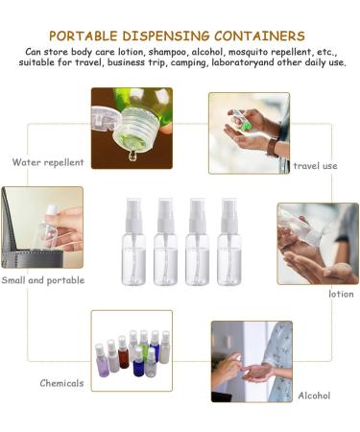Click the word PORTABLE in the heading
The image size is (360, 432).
(84, 36)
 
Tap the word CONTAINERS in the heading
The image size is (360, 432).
(259, 36)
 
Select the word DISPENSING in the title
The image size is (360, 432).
(166, 36)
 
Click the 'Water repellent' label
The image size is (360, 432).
(48, 162)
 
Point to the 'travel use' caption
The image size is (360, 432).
(315, 166)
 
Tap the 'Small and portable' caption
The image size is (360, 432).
(43, 280)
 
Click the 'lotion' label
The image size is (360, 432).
(341, 294)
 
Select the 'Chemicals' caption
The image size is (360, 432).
(61, 383)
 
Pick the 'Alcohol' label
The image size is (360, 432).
(314, 396)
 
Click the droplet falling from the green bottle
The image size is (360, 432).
(132, 156)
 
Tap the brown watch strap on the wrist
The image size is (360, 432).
(273, 147)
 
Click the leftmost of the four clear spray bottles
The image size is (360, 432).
(133, 242)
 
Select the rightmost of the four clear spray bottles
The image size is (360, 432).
(229, 242)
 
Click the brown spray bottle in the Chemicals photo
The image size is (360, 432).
(123, 352)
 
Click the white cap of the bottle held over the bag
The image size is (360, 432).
(51, 210)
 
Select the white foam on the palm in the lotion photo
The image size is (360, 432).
(342, 270)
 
